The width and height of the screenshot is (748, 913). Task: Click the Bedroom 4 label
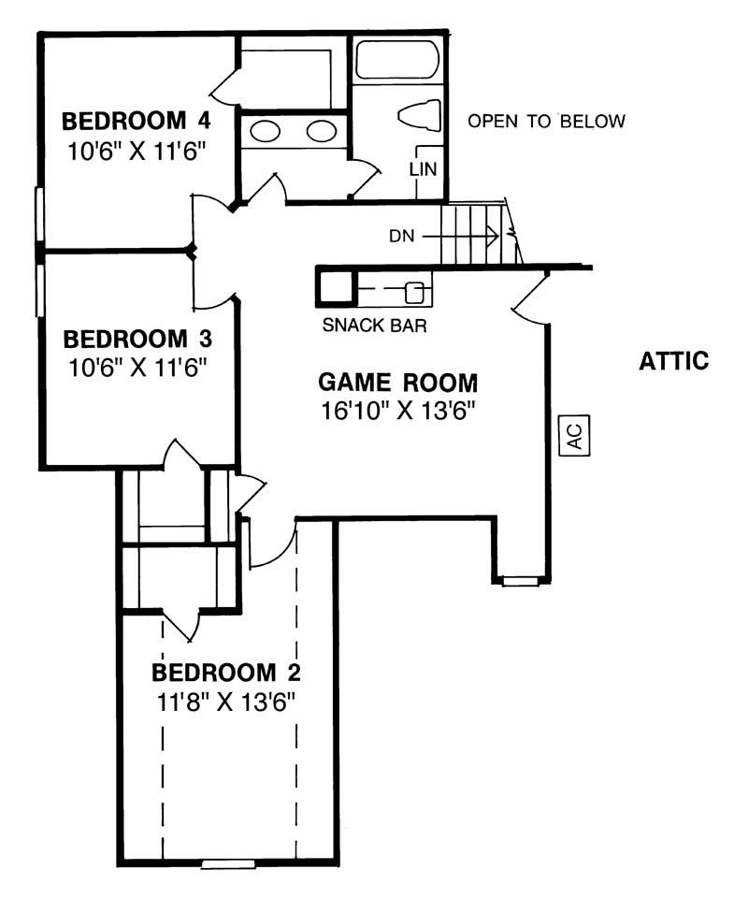pos(136,121)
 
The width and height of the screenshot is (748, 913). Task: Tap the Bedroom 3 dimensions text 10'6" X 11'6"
pos(138,368)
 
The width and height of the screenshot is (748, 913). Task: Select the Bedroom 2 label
pos(226,673)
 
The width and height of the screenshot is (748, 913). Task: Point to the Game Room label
pos(397,383)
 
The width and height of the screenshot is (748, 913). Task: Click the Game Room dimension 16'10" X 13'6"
pos(398,412)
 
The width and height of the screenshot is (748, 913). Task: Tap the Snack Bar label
pos(374,326)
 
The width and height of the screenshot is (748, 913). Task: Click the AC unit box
pos(574,435)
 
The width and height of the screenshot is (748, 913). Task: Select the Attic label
pos(674,361)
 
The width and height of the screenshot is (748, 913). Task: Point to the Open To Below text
pos(547,121)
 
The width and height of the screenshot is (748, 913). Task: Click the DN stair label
pos(402,236)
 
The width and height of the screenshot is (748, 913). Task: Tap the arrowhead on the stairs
pos(492,237)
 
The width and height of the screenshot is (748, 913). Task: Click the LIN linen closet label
pos(423,169)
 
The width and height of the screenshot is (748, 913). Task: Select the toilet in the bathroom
pos(419,115)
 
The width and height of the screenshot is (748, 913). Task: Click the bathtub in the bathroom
pos(397,59)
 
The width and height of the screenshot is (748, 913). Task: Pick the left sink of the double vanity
pos(265,130)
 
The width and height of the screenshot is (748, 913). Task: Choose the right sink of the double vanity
pos(322,130)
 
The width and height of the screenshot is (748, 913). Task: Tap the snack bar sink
pos(414,292)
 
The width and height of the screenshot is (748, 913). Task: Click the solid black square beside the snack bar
pos(334,286)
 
